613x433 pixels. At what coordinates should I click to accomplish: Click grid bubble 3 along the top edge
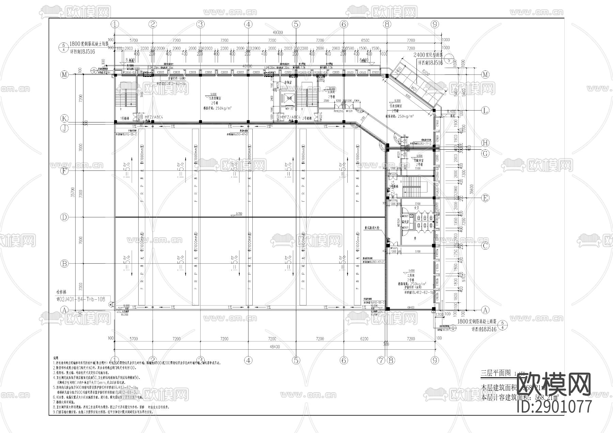point(201,24)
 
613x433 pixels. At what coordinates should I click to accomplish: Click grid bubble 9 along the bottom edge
point(434,360)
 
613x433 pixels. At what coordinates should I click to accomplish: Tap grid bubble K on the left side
point(64,118)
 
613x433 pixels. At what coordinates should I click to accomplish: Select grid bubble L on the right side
point(485,110)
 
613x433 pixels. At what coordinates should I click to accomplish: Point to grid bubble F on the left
point(64,171)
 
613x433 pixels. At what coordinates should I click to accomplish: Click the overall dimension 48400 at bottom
point(274,347)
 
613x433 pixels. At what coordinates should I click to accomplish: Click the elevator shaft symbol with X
point(289,98)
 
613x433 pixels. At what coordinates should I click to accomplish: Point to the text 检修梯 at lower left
point(62,292)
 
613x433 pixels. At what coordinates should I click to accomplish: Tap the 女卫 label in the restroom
point(416,207)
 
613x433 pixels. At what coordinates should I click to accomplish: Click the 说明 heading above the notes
point(56,358)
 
